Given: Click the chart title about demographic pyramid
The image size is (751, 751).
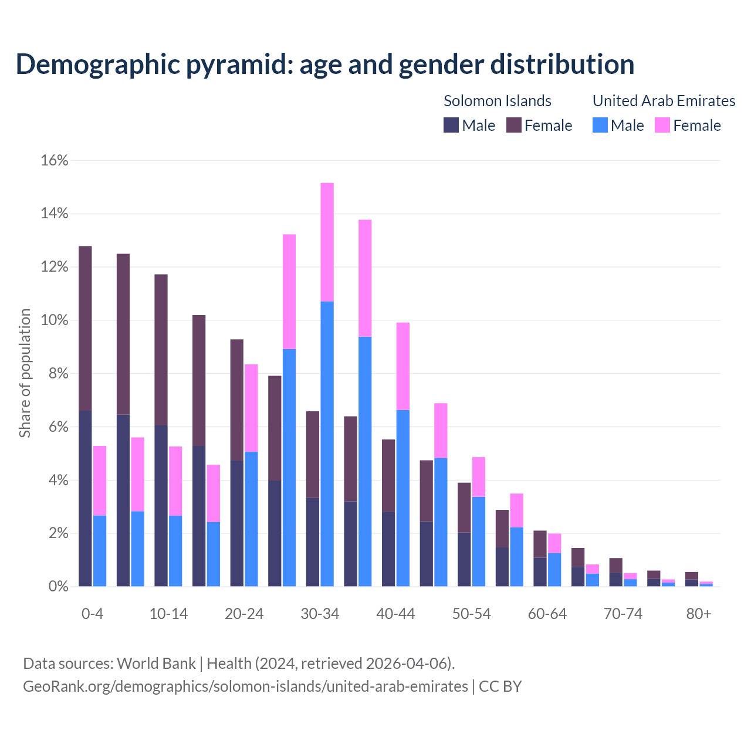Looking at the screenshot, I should tap(325, 64).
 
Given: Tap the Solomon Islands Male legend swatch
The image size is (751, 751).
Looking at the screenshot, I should tap(451, 125).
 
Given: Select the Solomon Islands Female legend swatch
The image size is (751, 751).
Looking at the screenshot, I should tap(514, 125).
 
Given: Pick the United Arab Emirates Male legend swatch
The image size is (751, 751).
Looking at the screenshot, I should tap(600, 125).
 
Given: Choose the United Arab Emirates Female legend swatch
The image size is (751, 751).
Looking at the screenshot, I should tap(662, 125).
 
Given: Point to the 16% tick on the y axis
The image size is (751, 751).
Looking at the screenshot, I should tap(55, 160).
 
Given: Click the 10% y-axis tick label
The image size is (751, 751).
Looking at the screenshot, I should tap(55, 320).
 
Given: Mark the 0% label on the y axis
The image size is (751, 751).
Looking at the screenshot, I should tap(57, 587).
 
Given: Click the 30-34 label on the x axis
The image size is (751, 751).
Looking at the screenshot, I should tap(320, 614).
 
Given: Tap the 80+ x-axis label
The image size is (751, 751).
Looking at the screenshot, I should tap(699, 614).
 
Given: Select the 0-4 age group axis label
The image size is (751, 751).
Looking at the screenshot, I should tap(93, 614).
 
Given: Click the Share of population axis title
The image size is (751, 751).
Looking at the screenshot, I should tap(25, 373).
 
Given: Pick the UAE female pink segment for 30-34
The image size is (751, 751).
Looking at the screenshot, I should tap(327, 242).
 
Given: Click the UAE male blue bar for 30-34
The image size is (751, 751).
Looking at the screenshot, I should tap(327, 444).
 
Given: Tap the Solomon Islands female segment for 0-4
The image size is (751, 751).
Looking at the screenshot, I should tap(85, 328).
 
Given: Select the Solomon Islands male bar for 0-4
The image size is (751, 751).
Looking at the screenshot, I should tap(85, 498).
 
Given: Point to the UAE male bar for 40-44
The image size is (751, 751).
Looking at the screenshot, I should tap(403, 498).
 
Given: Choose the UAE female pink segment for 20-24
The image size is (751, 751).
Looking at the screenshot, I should tap(251, 408).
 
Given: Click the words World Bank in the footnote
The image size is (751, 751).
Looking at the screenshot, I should tap(156, 664).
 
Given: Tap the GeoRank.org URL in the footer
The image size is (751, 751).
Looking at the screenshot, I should tap(245, 686).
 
